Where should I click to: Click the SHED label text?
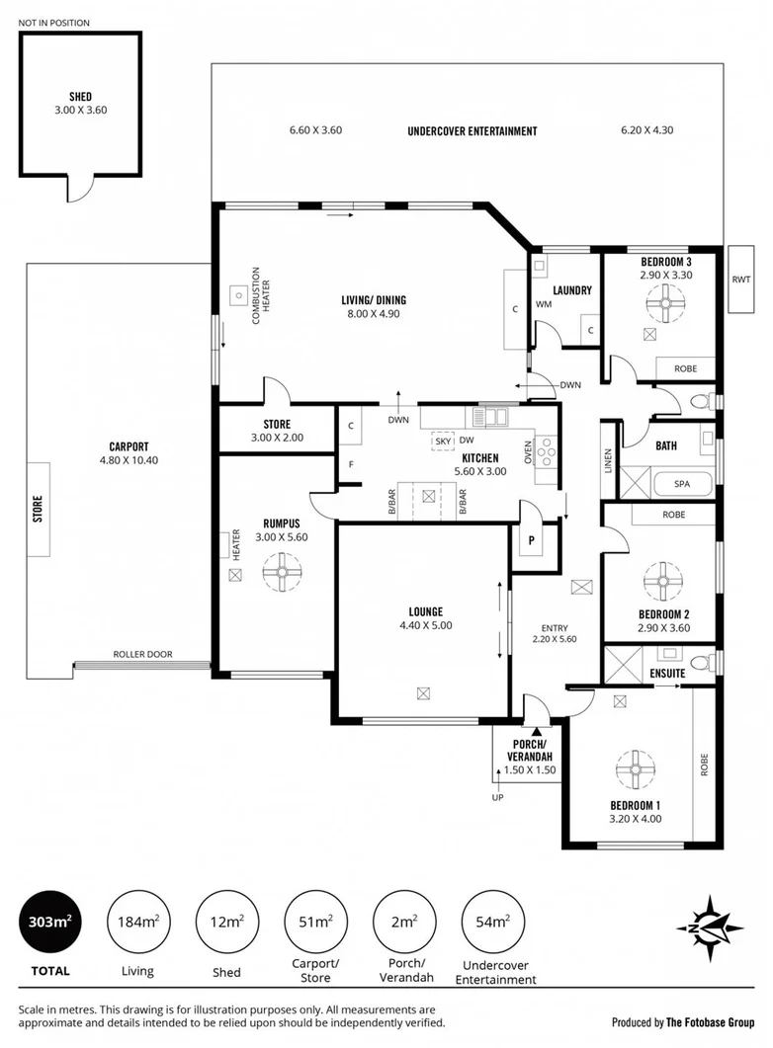tap(80, 97)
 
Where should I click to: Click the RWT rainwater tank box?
tap(740, 280)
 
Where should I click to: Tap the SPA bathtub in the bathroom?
tap(681, 485)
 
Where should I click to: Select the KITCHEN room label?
tap(480, 458)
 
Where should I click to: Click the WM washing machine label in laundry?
tap(543, 305)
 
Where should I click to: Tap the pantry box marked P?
tap(531, 540)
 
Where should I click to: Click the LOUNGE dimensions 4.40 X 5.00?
tap(425, 625)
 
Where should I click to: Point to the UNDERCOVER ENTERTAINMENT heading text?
tap(472, 131)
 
